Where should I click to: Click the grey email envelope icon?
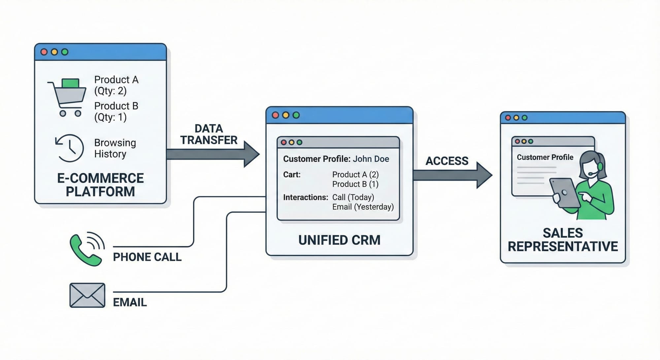[87, 295]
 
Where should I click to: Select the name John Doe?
[371, 159]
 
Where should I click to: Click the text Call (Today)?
[353, 197]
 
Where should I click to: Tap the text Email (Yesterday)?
[363, 207]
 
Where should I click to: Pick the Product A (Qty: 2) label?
[116, 85]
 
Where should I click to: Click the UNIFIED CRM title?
[339, 240]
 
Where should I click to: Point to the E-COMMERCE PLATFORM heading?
[100, 185]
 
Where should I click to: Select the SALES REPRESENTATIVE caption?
[563, 240]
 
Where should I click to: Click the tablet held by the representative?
[565, 193]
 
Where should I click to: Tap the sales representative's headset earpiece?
[600, 166]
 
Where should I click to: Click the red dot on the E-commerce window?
[44, 52]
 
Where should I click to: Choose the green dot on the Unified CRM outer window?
[296, 115]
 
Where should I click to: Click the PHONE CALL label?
[147, 257]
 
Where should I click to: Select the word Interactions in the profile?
[305, 197]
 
